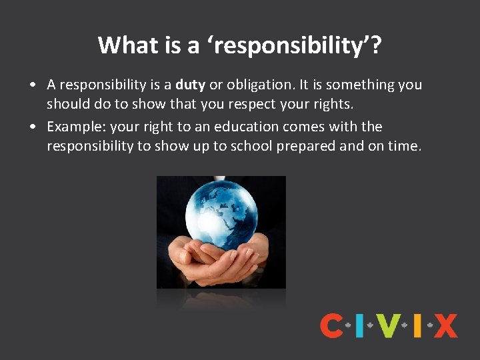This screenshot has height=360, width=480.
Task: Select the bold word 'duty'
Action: click(190, 85)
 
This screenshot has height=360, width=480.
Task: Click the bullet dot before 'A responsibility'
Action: click(32, 85)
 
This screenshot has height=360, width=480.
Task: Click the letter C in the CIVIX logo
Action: click(331, 326)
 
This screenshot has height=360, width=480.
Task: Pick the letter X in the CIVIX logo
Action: click(445, 326)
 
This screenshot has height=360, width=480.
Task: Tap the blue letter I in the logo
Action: click(360, 326)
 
